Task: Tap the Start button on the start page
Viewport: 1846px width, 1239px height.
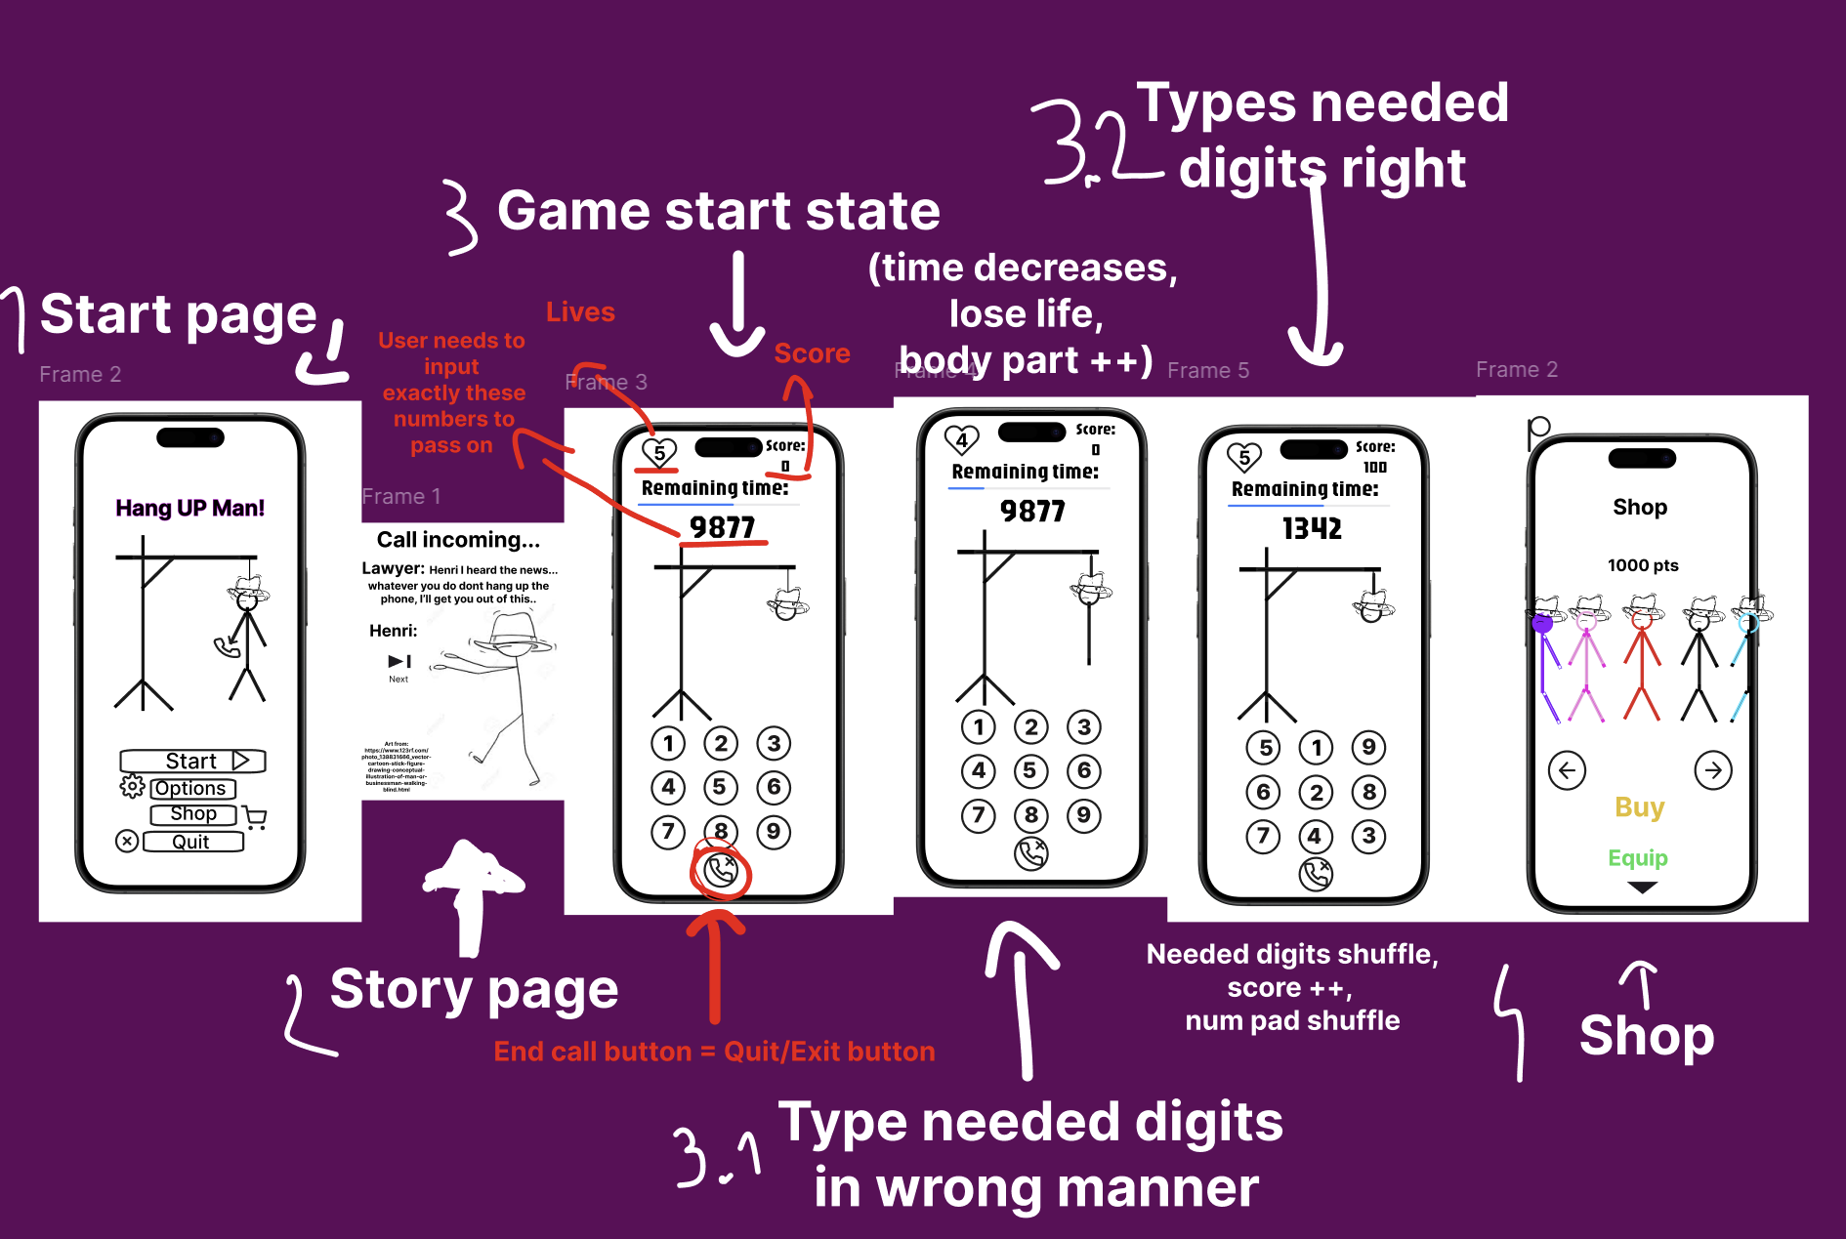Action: [192, 761]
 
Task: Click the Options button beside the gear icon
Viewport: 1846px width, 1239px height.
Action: [191, 788]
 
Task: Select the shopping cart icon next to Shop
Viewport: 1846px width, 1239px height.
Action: [255, 817]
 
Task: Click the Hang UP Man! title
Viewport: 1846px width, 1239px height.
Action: [189, 508]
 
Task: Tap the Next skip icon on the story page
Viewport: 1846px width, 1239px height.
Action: [399, 662]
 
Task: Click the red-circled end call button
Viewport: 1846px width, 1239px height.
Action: [720, 870]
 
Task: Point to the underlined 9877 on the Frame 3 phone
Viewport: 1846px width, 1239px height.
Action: [723, 527]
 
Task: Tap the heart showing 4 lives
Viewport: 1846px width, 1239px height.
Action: [961, 439]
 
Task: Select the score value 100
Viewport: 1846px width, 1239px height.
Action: [1374, 467]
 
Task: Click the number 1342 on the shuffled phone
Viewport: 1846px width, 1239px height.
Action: [1312, 528]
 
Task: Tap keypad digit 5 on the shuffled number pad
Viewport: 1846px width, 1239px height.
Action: [1264, 748]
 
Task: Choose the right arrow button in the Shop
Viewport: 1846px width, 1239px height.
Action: [1713, 769]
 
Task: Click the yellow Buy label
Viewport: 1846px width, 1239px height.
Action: [1639, 807]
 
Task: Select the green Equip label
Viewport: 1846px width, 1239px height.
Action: [1638, 858]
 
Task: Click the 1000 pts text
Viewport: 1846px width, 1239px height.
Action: [1643, 565]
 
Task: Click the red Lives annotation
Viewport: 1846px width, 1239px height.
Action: [580, 312]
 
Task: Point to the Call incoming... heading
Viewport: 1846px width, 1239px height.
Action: [458, 540]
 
